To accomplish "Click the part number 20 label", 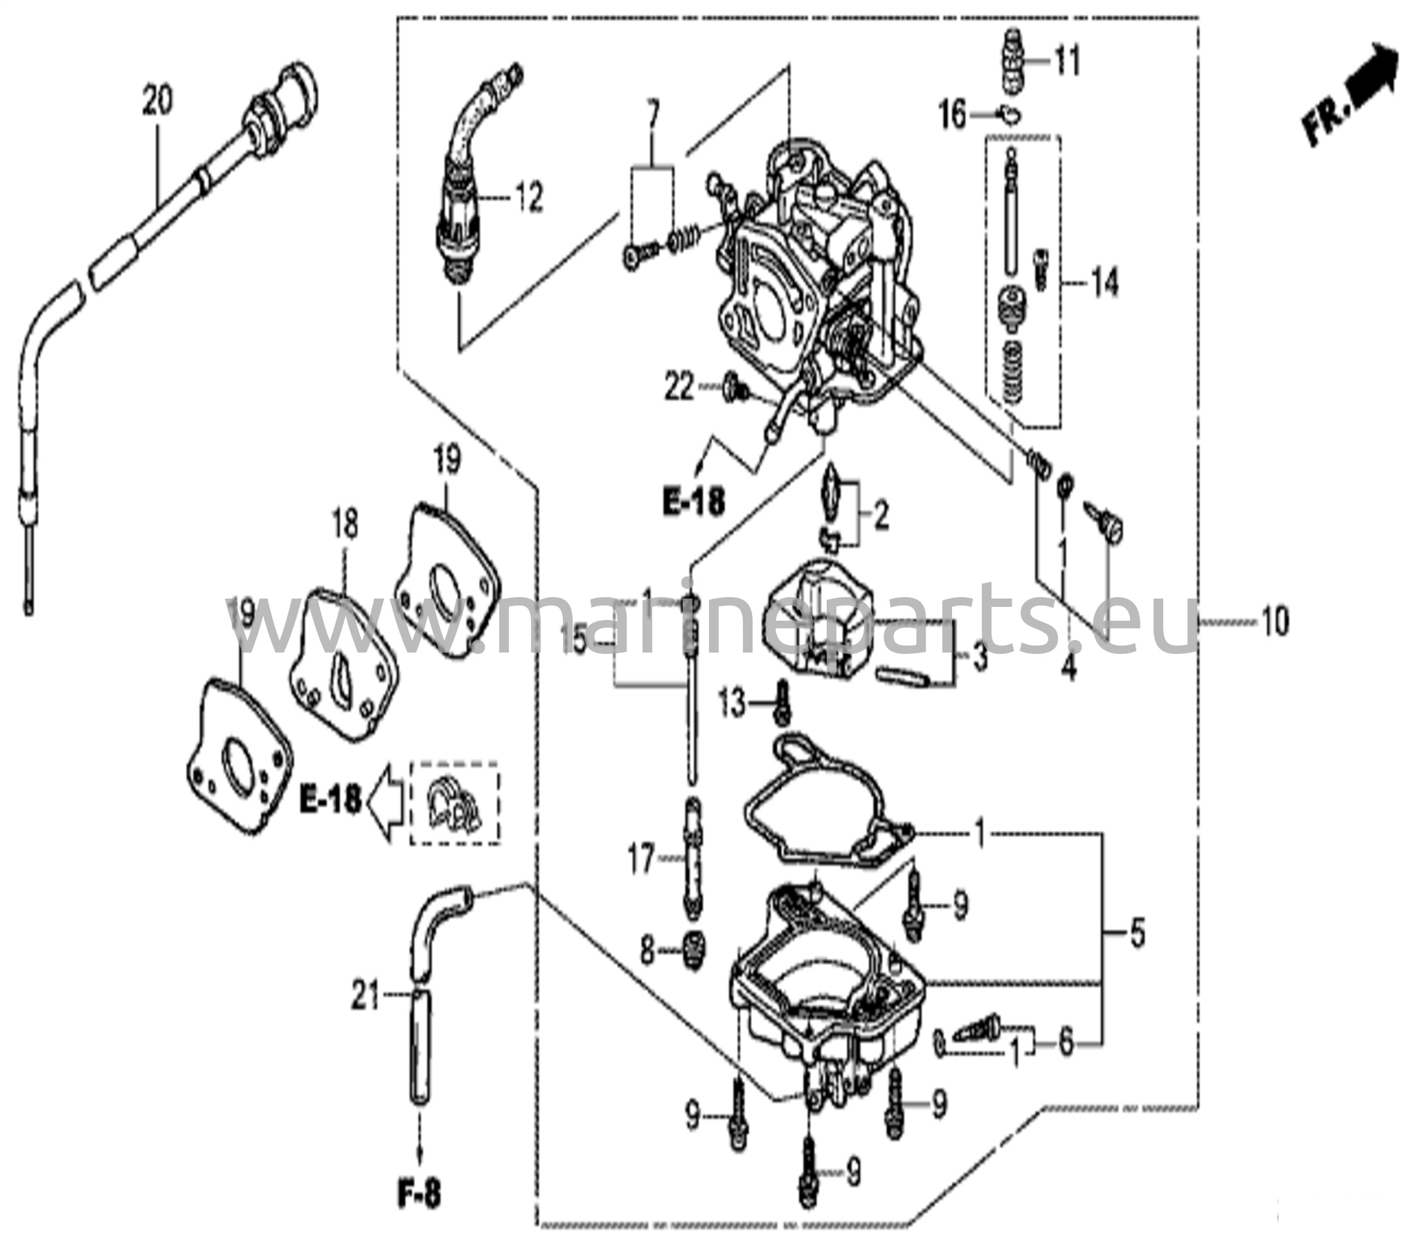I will click(x=157, y=101).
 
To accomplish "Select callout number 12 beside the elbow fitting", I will click(x=528, y=199).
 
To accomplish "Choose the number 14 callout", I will click(x=1105, y=283).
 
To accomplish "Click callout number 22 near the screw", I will click(x=679, y=387).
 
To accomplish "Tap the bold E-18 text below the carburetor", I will click(x=693, y=502).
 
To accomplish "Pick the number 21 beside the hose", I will click(x=366, y=999).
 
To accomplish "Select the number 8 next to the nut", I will click(x=647, y=953).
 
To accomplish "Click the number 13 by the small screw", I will click(x=732, y=704).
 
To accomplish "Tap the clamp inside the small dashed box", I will click(x=453, y=805).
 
